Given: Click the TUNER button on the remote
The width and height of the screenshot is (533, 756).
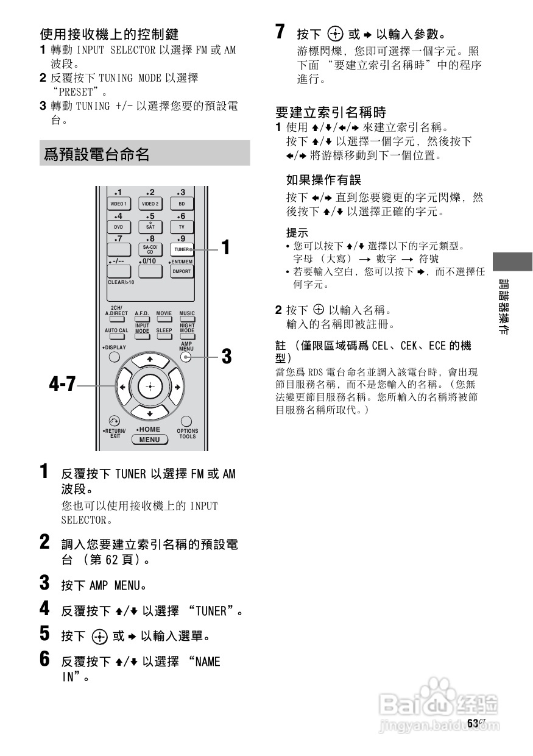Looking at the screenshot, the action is [x=181, y=249].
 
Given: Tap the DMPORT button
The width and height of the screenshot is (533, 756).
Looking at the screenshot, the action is [x=181, y=271].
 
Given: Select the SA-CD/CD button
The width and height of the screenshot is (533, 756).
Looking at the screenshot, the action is [x=150, y=249].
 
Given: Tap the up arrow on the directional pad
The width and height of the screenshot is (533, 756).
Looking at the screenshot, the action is [x=149, y=359].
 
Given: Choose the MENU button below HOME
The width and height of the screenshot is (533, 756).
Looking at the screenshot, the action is [x=149, y=440].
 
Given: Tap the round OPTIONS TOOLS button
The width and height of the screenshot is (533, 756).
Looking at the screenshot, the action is [x=186, y=421].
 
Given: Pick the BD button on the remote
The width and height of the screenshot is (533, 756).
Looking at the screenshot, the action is [x=181, y=204].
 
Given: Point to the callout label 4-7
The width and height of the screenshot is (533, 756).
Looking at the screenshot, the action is [x=63, y=385].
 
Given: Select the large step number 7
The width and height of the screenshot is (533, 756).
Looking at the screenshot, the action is [x=280, y=32].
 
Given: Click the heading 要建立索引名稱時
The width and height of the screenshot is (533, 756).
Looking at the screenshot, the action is [x=331, y=112].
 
